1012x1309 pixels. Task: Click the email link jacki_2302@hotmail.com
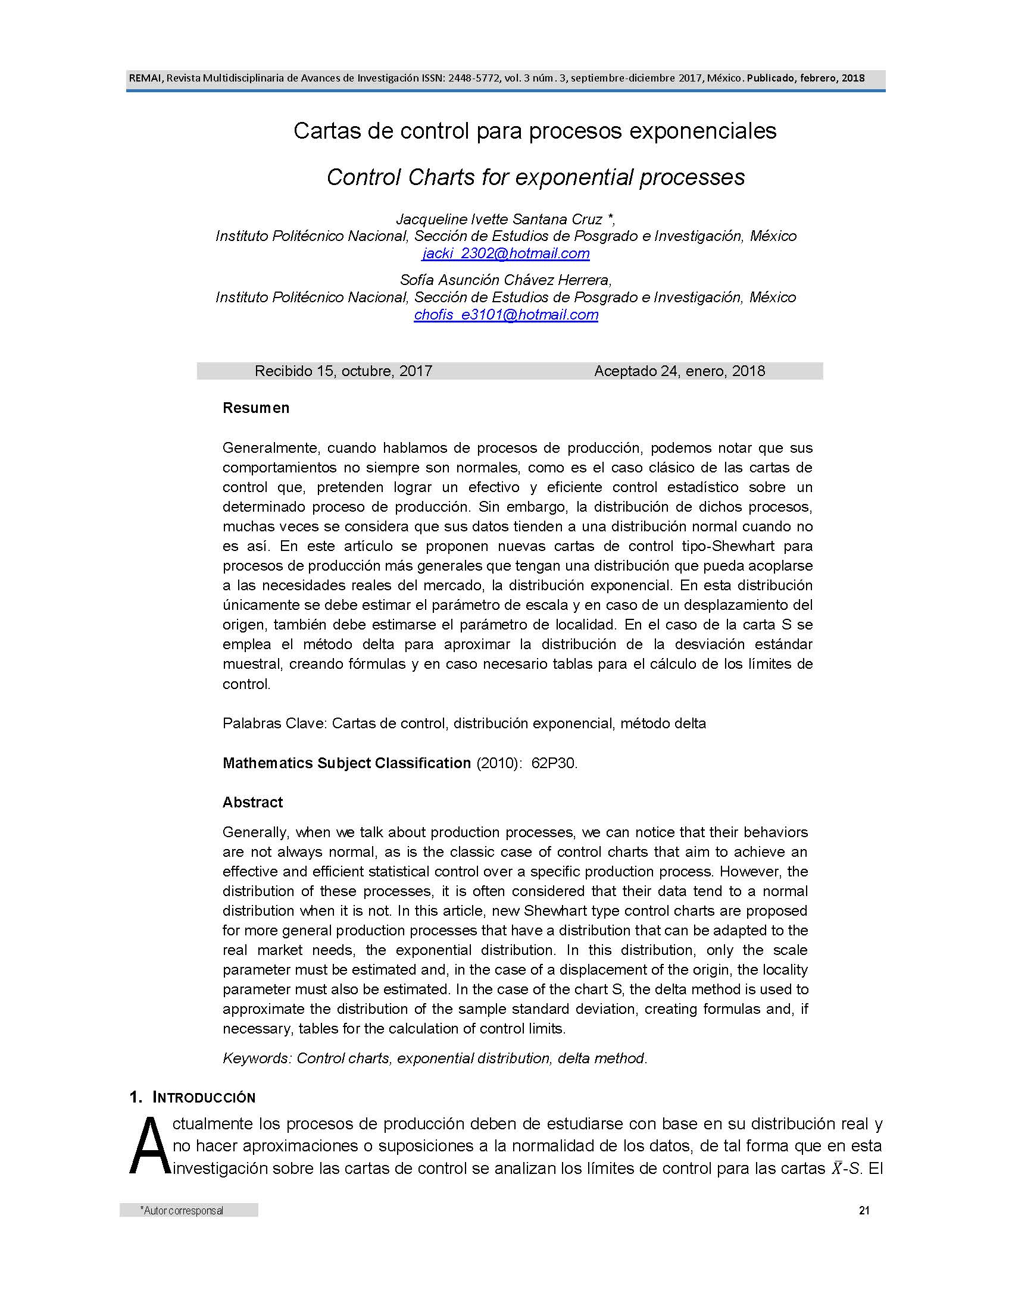(505, 253)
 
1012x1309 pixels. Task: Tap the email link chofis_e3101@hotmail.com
(505, 315)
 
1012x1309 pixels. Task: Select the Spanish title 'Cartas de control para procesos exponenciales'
(535, 131)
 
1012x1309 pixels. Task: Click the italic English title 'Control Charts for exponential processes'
(535, 177)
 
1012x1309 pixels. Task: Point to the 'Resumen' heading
(256, 408)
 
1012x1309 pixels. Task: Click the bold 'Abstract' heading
(252, 803)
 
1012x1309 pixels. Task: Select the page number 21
(864, 1210)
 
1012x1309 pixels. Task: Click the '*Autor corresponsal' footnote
(182, 1211)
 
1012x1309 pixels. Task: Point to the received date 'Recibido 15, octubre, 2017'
(343, 371)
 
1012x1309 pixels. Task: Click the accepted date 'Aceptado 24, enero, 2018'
(679, 371)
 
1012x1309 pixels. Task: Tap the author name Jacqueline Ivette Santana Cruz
(499, 220)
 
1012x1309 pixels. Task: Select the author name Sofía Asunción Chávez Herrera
(504, 280)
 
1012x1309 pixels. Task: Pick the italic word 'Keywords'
(256, 1059)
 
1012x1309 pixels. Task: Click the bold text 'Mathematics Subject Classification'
(346, 763)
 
